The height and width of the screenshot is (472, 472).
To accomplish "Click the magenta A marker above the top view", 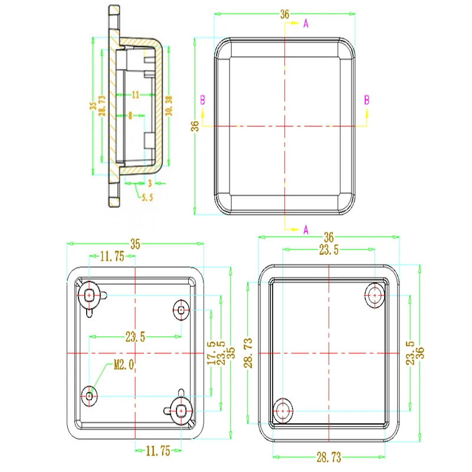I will (306, 24).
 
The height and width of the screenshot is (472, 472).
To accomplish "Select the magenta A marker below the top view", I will (306, 230).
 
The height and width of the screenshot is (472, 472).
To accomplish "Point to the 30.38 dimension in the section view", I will (169, 107).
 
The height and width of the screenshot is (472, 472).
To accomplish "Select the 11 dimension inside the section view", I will (135, 94).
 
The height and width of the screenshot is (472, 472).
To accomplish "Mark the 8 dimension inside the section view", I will (130, 116).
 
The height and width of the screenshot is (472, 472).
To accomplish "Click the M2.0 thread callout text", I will (124, 366).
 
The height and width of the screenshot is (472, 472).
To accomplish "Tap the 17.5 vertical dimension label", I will (211, 352).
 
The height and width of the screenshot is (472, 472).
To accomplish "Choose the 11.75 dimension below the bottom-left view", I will (158, 451).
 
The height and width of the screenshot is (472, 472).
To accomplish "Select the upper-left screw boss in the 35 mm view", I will (90, 294).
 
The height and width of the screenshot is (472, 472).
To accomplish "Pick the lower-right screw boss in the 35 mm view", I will (182, 408).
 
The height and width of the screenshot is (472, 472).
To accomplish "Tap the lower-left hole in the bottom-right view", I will (284, 409).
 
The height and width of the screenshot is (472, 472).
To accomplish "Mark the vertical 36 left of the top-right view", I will (195, 126).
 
